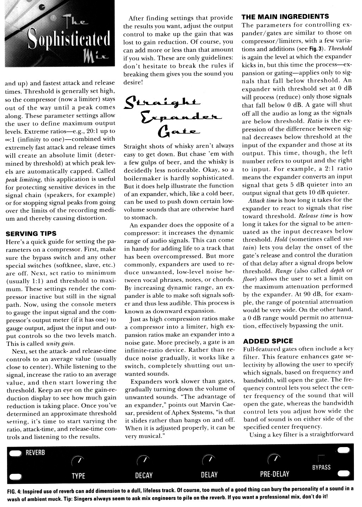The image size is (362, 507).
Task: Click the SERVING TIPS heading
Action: (31, 233)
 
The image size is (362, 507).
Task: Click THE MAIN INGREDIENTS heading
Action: (285, 16)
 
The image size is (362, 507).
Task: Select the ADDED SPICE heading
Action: (268, 341)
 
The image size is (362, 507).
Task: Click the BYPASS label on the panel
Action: (321, 468)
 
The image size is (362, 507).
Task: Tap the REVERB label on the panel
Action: (35, 453)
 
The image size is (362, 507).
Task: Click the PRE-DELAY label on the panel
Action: (274, 474)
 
